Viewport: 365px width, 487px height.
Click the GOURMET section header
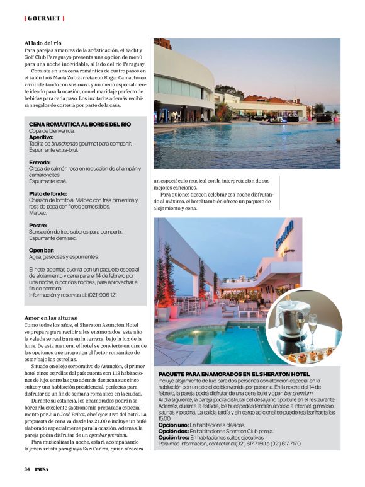(45, 18)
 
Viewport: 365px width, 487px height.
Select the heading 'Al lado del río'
(43, 43)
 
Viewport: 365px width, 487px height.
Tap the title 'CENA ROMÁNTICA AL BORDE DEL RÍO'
(80, 124)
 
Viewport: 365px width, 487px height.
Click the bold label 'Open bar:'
(42, 250)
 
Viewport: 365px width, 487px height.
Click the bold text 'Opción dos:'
(172, 432)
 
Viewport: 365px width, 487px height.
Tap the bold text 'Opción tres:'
(172, 438)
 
